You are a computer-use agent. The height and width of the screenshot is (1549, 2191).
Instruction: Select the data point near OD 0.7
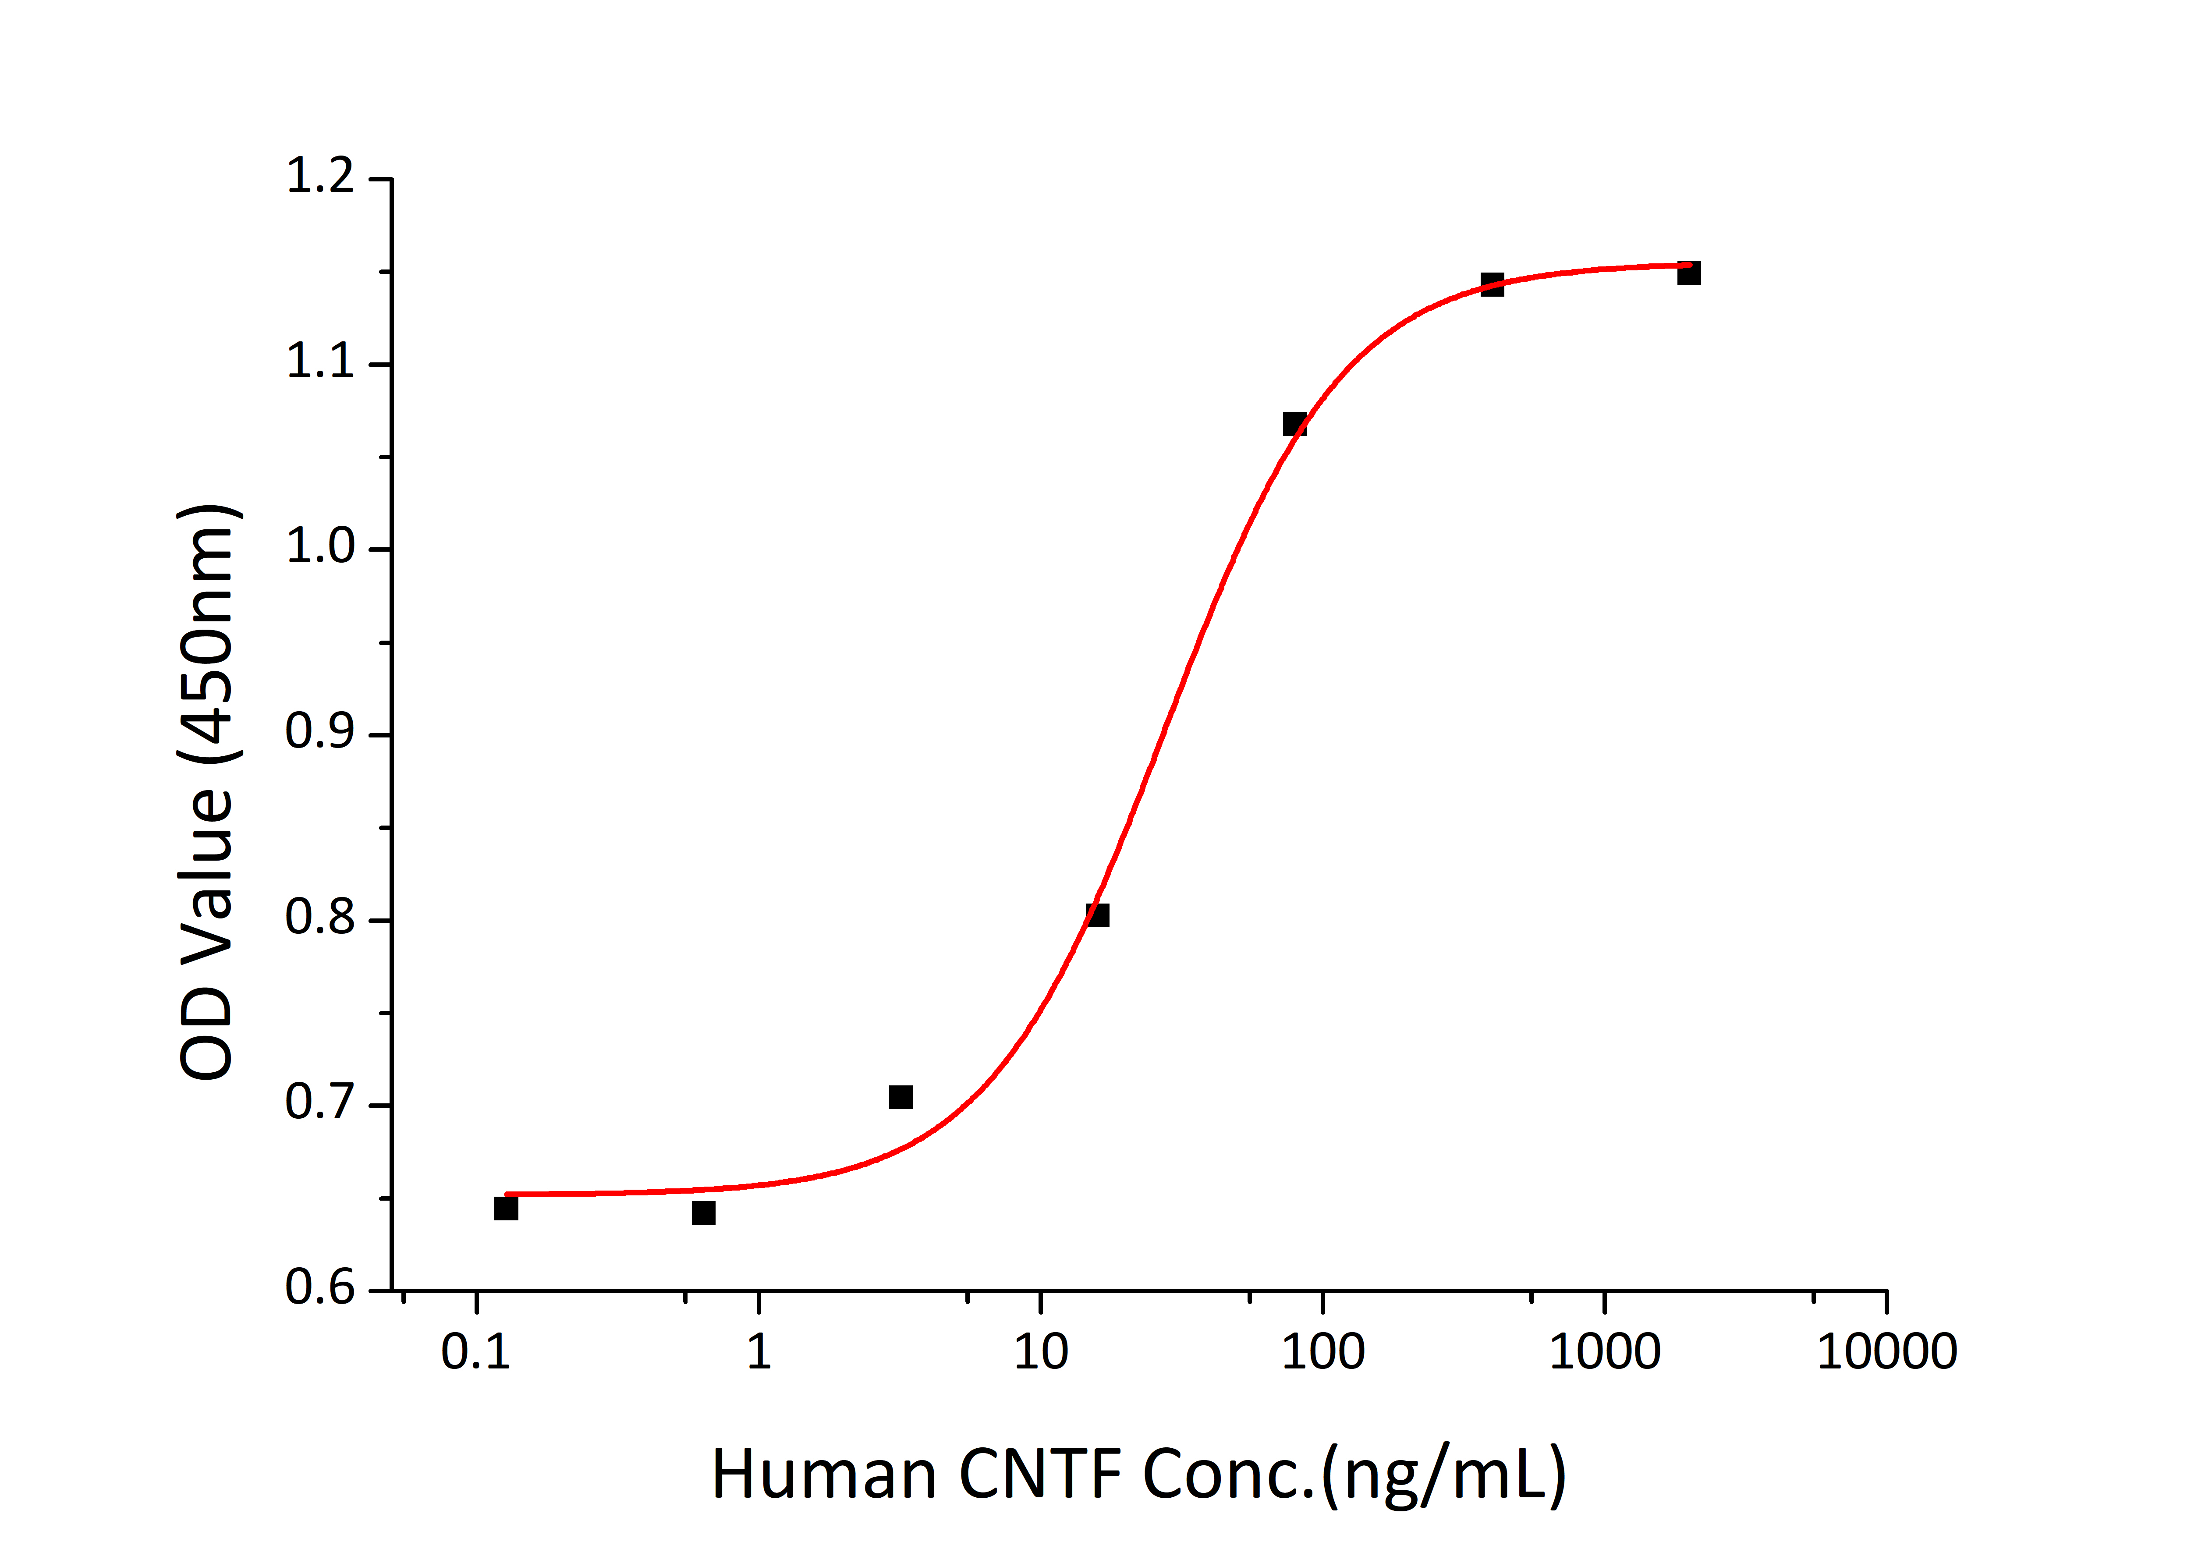tap(900, 1097)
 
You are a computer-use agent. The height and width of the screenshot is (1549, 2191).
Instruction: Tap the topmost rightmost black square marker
tap(1688, 273)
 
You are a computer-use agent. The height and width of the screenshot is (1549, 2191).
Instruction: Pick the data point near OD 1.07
tap(1294, 424)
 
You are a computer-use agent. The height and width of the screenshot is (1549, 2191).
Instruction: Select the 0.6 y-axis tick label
tap(320, 1288)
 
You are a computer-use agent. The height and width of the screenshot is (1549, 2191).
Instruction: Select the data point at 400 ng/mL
tap(1492, 284)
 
